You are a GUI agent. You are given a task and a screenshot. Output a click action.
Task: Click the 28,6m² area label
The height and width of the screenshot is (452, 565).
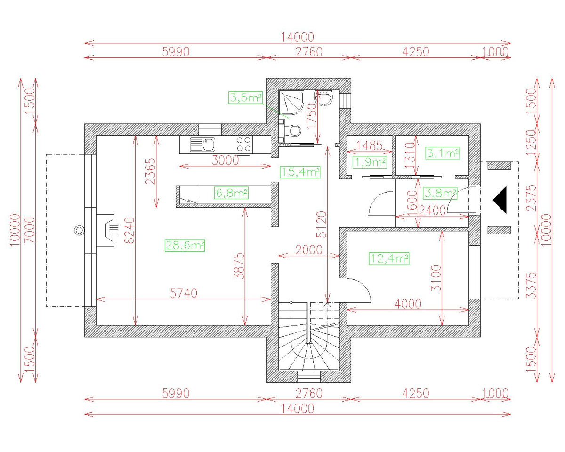coord(185,245)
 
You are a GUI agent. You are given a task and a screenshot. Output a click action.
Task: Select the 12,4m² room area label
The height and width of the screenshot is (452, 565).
coord(389,258)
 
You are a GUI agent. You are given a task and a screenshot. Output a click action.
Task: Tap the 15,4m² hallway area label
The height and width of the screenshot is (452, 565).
coord(300,172)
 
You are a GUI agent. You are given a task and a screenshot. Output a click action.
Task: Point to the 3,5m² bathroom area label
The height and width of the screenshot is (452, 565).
coord(245,98)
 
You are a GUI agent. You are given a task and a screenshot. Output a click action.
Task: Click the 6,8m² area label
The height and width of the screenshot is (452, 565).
coord(231,193)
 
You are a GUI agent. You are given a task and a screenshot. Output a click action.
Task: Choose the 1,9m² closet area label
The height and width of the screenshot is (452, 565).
coord(370,162)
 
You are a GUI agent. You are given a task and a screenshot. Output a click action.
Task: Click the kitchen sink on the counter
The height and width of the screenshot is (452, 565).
coord(202,144)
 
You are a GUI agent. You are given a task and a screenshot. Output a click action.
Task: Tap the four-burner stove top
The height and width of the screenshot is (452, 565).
coord(243,144)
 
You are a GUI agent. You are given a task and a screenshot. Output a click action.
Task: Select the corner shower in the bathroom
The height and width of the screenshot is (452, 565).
coord(291,103)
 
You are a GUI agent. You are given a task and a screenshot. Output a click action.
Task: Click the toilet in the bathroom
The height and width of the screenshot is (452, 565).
coord(293,129)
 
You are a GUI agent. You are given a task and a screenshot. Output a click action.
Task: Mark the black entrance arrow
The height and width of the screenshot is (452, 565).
coord(500,200)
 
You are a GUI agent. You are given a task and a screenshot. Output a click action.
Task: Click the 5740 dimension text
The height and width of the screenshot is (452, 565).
coord(184,293)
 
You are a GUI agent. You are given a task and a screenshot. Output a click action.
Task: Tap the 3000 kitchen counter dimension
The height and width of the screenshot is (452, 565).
coord(225,161)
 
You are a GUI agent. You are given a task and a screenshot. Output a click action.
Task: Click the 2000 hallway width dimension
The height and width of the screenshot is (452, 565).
coord(309,250)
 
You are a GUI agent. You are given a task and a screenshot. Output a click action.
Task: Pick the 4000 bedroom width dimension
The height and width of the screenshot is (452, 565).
coord(408,304)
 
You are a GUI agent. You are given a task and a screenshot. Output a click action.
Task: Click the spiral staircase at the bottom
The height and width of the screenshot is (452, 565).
coord(309,341)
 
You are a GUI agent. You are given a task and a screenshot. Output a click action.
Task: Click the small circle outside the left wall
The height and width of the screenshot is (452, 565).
coord(79,230)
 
